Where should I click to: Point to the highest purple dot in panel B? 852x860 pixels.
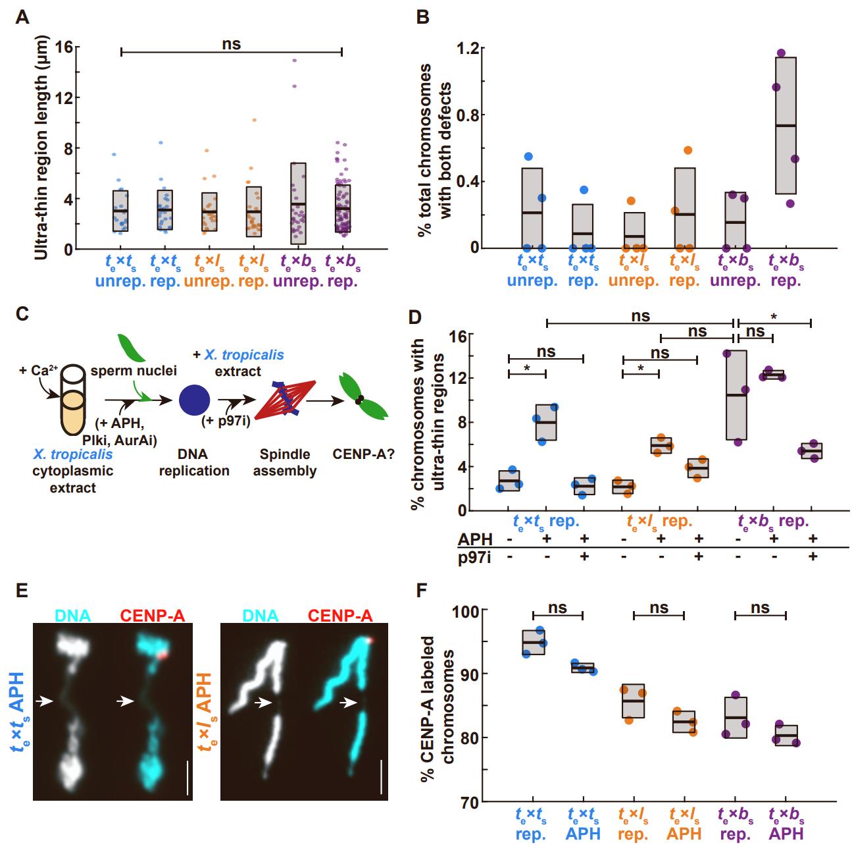pyautogui.click(x=781, y=53)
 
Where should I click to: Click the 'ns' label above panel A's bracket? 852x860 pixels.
pyautogui.click(x=232, y=44)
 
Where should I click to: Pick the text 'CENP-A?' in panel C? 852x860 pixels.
pyautogui.click(x=364, y=454)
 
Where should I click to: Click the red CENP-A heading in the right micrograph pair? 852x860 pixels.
pyautogui.click(x=339, y=616)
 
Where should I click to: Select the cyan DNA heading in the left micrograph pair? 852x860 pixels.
pyautogui.click(x=74, y=616)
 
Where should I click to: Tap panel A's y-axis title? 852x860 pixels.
pyautogui.click(x=40, y=149)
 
